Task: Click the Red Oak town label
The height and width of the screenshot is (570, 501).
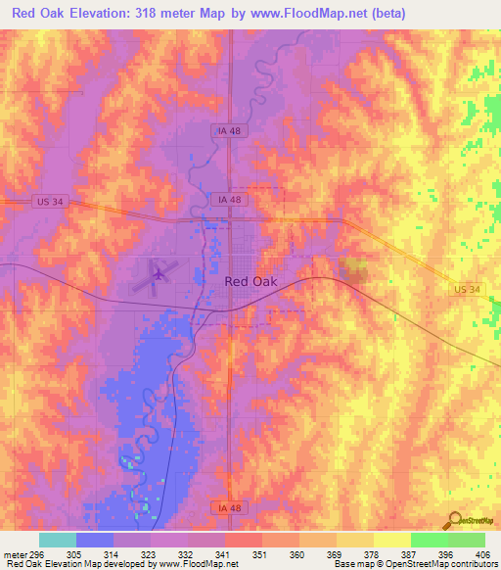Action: click(x=250, y=281)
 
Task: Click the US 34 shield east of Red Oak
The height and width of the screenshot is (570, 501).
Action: click(x=468, y=289)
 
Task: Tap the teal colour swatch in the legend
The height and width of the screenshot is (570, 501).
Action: click(x=57, y=539)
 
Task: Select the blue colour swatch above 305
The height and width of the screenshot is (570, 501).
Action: click(x=94, y=539)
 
